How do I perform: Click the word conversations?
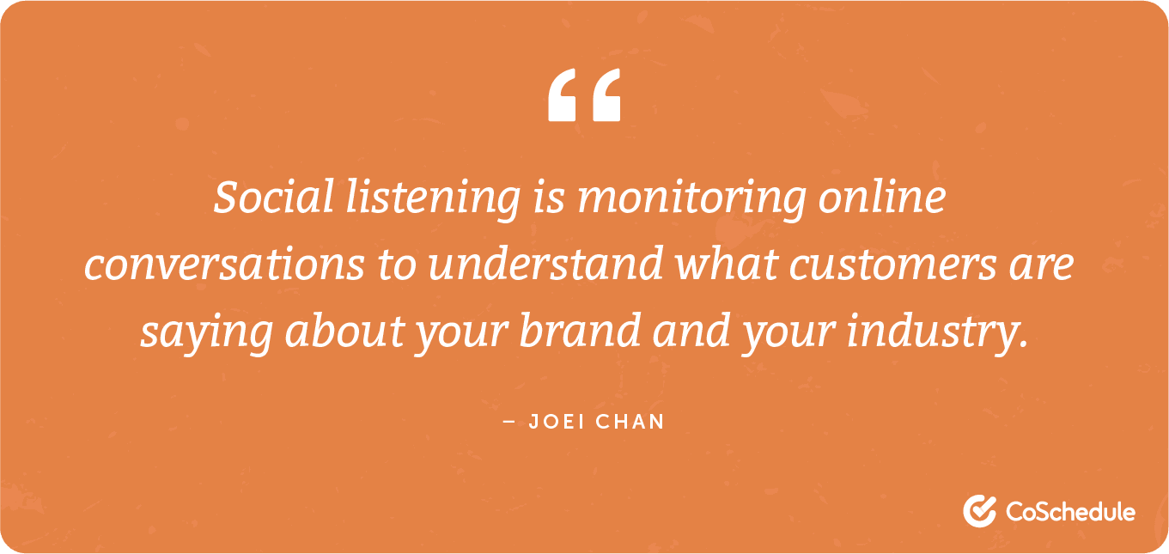224,265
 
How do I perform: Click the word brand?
580,332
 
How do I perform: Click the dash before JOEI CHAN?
509,423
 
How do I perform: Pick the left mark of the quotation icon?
563,95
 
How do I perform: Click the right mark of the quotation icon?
605,95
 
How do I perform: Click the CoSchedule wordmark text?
1069,512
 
